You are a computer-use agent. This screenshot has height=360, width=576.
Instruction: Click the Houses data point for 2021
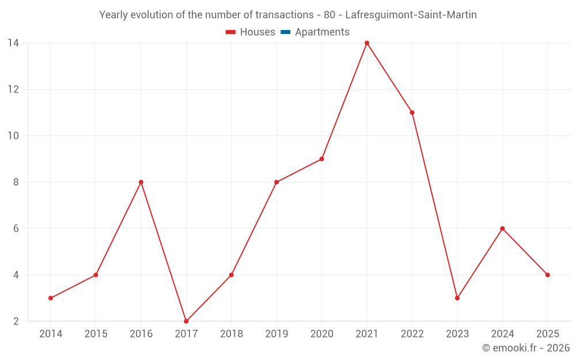click(367, 43)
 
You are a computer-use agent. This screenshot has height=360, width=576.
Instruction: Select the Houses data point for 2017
click(186, 321)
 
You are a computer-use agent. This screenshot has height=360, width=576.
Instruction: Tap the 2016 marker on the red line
click(141, 182)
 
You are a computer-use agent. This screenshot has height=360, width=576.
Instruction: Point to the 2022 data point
click(412, 112)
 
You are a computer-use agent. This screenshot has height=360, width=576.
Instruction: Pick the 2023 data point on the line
click(457, 298)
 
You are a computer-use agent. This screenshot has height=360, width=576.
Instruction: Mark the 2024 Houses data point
click(502, 229)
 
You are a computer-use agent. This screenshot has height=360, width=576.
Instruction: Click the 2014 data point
click(51, 298)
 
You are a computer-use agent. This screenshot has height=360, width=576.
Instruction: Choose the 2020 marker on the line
click(321, 159)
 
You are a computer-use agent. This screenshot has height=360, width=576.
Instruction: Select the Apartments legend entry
click(322, 32)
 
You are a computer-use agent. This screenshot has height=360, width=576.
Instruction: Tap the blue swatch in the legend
click(285, 32)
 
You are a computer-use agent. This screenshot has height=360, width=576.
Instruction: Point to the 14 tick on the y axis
click(13, 43)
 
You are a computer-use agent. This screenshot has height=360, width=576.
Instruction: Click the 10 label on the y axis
click(13, 136)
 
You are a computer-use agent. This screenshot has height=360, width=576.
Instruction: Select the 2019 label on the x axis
click(276, 334)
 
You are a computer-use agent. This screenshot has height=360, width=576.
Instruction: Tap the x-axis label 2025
click(547, 334)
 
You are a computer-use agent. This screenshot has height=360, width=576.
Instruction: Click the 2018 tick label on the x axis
click(231, 334)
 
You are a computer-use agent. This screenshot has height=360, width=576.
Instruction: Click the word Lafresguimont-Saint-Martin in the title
click(411, 15)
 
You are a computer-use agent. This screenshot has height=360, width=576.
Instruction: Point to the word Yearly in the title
click(114, 15)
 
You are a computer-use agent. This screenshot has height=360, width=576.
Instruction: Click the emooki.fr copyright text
click(526, 348)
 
